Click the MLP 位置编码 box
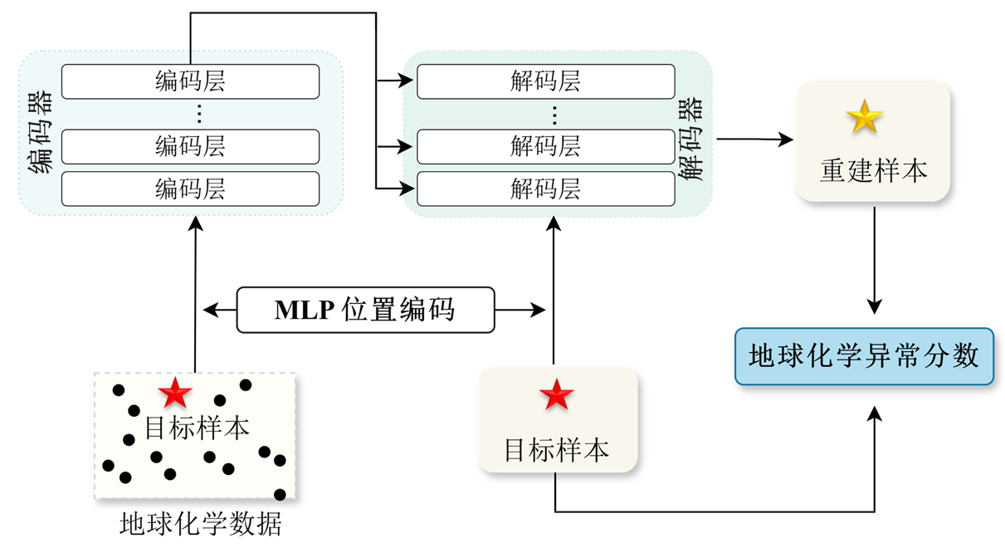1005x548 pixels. [x=365, y=310]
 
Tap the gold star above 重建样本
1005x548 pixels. [x=864, y=118]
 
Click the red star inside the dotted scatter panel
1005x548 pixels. [x=175, y=391]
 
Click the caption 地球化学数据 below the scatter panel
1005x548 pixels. [x=201, y=524]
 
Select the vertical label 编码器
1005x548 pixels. [x=40, y=133]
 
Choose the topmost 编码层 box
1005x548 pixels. [x=190, y=81]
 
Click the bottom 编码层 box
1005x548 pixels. [x=190, y=188]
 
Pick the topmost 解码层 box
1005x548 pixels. [x=545, y=81]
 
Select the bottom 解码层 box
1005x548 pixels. [x=545, y=188]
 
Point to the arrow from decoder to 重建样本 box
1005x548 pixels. [x=755, y=139]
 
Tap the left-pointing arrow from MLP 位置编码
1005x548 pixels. [x=220, y=310]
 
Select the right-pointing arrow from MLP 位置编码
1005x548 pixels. [x=520, y=310]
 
